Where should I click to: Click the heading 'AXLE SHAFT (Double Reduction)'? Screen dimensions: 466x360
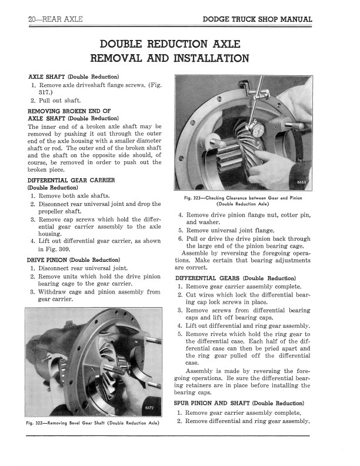[74, 77]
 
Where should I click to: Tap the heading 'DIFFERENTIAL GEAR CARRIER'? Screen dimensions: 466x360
[71, 179]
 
